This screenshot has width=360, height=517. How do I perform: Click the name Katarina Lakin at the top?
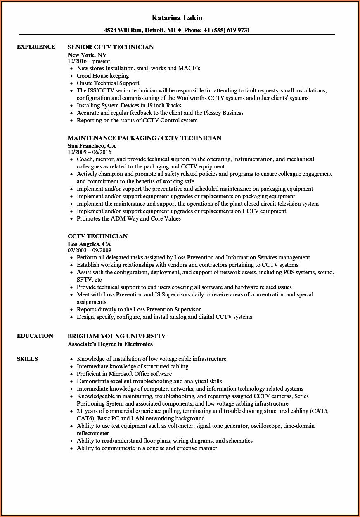coord(177,18)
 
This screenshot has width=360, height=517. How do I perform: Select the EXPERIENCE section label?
coord(36,47)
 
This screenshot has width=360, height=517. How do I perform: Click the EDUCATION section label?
coord(35,336)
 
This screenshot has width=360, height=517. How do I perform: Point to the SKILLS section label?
coord(27,359)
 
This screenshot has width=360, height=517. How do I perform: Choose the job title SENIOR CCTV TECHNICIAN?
coord(111,47)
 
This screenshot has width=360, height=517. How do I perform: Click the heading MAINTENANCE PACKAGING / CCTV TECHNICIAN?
coord(144,138)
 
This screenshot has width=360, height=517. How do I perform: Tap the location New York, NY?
coord(87,55)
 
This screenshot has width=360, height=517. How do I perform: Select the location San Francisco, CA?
coord(92,146)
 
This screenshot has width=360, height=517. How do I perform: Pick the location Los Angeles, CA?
coord(89,244)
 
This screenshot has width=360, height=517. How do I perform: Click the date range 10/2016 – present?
coord(89,61)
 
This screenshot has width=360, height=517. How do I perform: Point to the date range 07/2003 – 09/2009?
coord(90,250)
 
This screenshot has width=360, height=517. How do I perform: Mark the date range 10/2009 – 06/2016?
coord(90,152)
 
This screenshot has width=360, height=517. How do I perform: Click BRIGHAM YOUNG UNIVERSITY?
coord(116,336)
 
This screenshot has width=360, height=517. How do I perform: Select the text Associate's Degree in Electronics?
coord(110,344)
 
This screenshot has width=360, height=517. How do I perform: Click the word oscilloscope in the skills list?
coord(264,426)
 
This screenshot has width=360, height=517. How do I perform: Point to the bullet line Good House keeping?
coord(103,76)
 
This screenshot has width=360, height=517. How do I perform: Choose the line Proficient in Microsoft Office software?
coord(124,374)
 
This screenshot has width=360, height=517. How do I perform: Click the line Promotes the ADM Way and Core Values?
coord(129,218)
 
